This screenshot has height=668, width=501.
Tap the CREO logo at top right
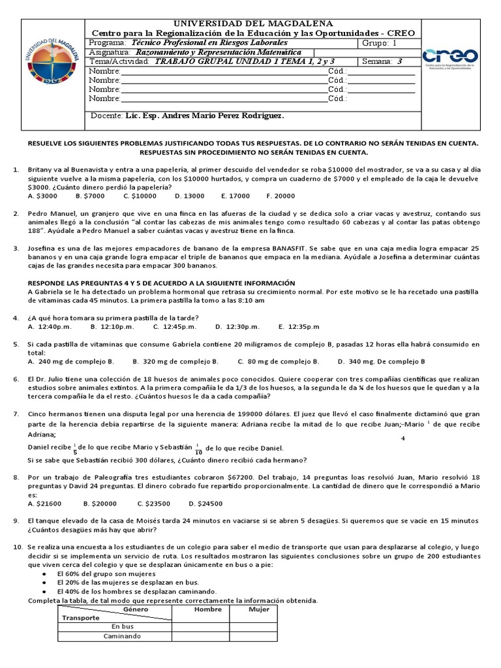(x=450, y=59)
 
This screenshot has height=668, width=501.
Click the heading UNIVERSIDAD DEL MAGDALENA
(x=252, y=23)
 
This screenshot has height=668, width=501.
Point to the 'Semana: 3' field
(x=386, y=62)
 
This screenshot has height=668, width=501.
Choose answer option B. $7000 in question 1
(x=90, y=196)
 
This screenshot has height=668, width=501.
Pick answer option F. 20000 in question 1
(x=281, y=196)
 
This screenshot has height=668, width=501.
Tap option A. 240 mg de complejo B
(x=72, y=361)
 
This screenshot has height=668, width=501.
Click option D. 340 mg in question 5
(x=381, y=361)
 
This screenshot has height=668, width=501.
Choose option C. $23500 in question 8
(x=153, y=504)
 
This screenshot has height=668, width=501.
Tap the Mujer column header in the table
(x=258, y=610)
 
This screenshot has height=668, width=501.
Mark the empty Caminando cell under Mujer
(x=258, y=636)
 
